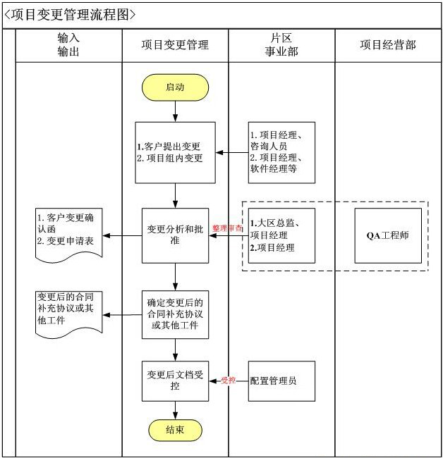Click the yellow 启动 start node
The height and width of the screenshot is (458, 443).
pos(175,87)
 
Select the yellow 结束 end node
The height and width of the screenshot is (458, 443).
pos(175,430)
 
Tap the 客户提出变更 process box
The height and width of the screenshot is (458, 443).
pos(175,152)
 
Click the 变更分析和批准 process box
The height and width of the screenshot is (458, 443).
pos(175,235)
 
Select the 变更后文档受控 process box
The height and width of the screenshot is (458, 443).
pos(175,381)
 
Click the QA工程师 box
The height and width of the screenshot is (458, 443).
pos(388,235)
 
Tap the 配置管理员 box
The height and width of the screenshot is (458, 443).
pos(281,381)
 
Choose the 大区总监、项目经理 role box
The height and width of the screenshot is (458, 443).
pos(281,235)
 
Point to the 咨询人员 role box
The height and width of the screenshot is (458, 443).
pos(281,152)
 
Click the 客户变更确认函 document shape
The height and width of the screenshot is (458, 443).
pos(68,233)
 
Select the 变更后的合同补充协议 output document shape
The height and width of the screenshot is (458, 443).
pos(68,310)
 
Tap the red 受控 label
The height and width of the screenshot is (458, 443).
pos(229,380)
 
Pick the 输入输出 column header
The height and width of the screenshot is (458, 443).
pos(68,44)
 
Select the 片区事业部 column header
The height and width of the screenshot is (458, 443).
pos(281,44)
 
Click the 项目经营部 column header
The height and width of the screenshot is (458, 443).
pos(388,44)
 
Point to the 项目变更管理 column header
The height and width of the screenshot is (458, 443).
pos(175,44)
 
